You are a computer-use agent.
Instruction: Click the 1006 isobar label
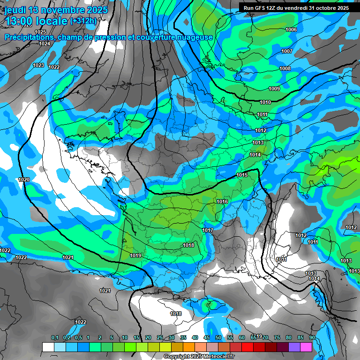click(291, 30)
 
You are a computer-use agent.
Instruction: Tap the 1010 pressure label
click(265, 102)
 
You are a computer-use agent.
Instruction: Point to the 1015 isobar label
click(242, 175)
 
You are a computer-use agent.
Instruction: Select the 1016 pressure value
click(222, 202)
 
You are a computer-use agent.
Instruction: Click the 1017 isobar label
click(208, 231)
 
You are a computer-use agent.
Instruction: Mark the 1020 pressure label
click(24, 180)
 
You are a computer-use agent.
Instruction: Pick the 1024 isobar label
click(45, 44)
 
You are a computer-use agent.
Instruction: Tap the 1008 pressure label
click(285, 69)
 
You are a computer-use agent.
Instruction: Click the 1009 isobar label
click(274, 89)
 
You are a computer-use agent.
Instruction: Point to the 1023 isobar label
click(38, 65)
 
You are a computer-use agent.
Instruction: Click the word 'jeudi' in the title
click(15, 10)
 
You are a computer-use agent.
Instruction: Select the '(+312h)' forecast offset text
click(83, 21)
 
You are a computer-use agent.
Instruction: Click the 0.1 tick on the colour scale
click(54, 338)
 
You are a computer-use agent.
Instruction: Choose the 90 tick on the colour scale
click(312, 338)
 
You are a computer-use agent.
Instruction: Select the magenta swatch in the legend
click(306, 347)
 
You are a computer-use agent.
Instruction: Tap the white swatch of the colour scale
click(48, 347)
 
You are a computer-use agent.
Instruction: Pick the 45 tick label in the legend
click(207, 338)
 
